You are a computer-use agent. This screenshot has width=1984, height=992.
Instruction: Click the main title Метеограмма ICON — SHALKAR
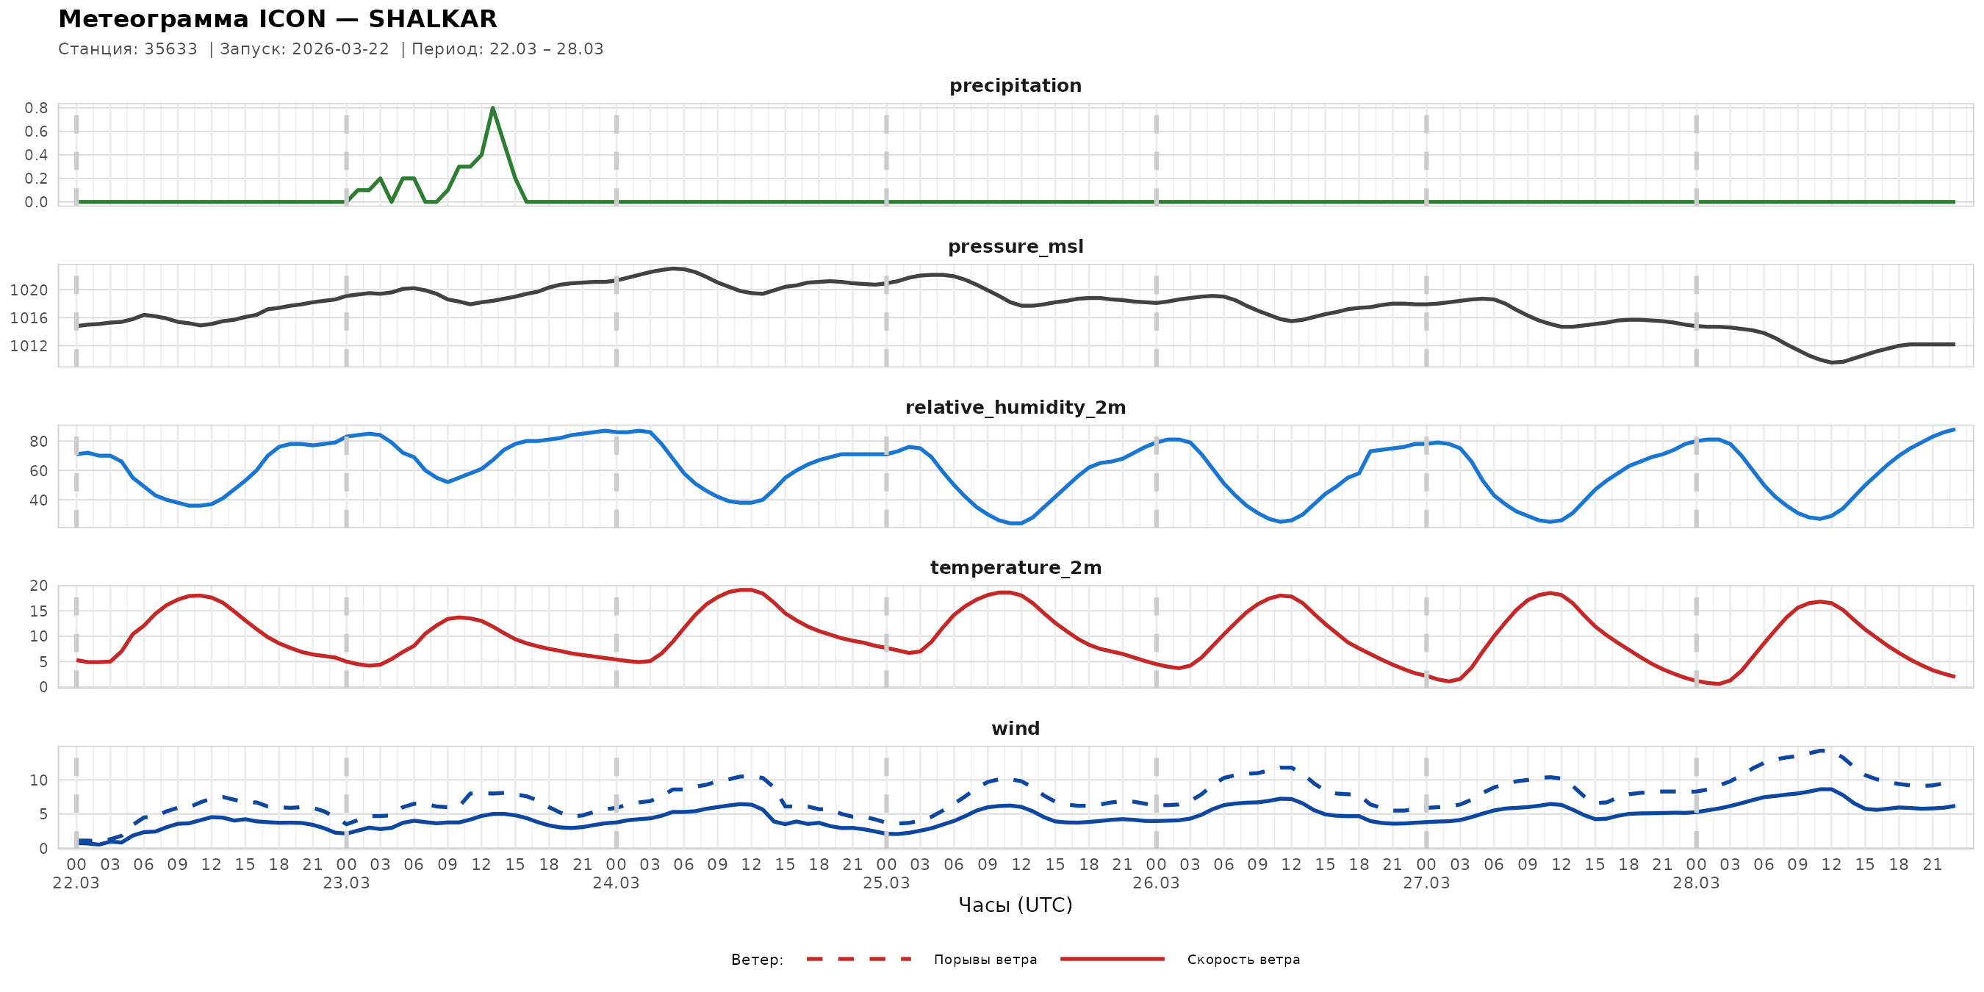(x=277, y=18)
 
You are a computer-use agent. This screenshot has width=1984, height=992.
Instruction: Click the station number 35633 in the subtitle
(x=170, y=49)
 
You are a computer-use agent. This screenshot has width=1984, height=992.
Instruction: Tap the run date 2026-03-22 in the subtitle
(x=340, y=49)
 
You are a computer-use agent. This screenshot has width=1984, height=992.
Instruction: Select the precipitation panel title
(x=1015, y=85)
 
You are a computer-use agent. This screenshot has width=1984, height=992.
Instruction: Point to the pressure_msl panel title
(x=1015, y=246)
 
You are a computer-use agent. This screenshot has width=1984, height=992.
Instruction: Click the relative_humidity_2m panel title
(x=1015, y=407)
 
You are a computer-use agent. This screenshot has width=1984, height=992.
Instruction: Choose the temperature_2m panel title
(x=1015, y=567)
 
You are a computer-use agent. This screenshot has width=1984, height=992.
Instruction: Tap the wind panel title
(x=1015, y=729)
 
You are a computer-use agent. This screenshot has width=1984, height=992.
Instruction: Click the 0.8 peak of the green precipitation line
(x=493, y=109)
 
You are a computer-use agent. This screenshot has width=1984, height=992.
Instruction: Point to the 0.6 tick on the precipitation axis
(x=36, y=132)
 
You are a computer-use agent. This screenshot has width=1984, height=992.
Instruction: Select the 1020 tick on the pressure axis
(x=29, y=290)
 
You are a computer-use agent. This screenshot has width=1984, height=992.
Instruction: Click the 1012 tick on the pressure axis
(x=29, y=347)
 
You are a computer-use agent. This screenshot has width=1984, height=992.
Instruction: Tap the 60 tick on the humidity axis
(x=38, y=470)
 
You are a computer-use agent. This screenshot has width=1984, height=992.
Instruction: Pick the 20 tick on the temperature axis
(x=38, y=586)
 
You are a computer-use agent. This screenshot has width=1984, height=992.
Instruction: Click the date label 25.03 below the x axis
(x=885, y=883)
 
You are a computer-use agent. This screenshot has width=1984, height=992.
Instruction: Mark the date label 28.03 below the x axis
(x=1696, y=883)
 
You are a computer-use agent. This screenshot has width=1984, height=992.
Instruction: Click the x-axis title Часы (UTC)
(x=1015, y=905)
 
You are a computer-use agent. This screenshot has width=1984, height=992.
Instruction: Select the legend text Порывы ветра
(x=985, y=960)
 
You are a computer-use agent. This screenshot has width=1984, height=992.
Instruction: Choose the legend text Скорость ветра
(x=1243, y=960)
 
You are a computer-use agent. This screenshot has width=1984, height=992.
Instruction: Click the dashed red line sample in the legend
(x=859, y=959)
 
